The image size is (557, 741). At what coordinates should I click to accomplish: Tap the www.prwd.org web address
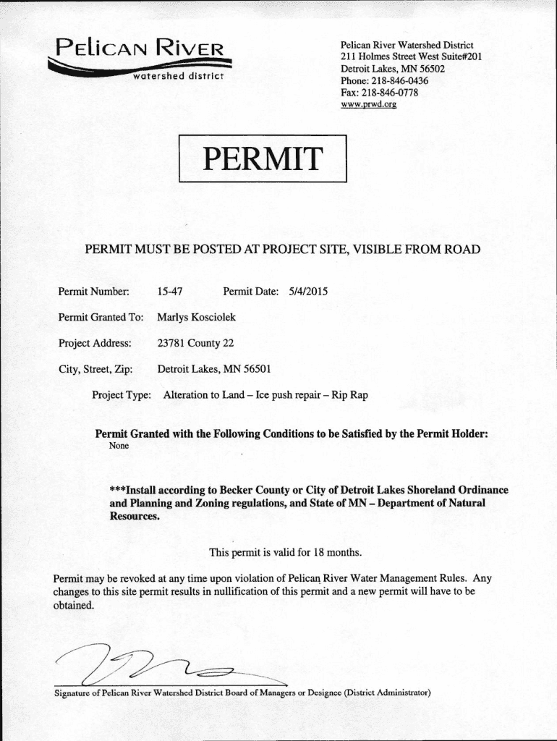tap(368, 104)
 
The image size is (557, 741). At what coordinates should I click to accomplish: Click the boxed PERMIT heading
tap(263, 158)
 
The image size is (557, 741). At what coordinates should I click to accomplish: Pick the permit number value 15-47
tap(169, 292)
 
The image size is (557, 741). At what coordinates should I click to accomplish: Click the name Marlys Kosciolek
tap(196, 317)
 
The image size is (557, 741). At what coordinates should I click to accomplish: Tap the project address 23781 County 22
tap(195, 342)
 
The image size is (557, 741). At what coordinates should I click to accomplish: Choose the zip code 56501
tap(257, 368)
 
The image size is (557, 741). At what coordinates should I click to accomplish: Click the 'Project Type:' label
tap(122, 395)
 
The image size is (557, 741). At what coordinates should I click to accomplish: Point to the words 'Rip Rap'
tap(350, 395)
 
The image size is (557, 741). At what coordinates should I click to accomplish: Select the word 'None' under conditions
tap(119, 446)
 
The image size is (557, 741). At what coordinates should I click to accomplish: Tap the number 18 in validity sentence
tap(320, 553)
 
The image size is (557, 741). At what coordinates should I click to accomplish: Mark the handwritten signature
tap(152, 665)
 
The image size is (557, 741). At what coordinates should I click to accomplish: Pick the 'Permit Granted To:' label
tap(101, 317)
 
